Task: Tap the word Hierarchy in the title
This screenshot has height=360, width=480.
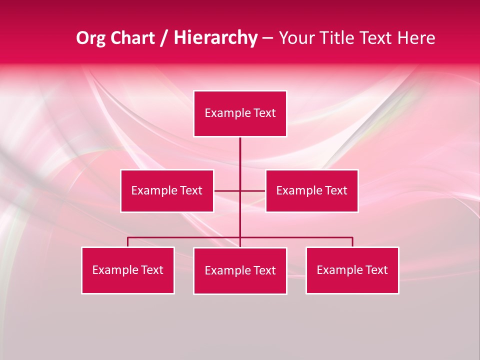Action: click(215, 38)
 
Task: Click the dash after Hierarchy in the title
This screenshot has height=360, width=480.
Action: click(267, 38)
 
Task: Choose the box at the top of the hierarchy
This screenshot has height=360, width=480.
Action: click(240, 113)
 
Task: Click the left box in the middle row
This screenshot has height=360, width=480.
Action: click(167, 190)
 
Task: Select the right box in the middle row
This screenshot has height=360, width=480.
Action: click(311, 190)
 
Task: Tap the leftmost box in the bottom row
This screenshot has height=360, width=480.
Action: click(128, 270)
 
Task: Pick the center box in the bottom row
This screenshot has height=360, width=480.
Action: click(240, 270)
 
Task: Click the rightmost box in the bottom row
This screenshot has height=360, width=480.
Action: click(352, 270)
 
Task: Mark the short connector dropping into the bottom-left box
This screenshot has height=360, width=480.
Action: click(128, 242)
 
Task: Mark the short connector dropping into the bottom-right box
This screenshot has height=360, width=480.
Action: click(352, 242)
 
